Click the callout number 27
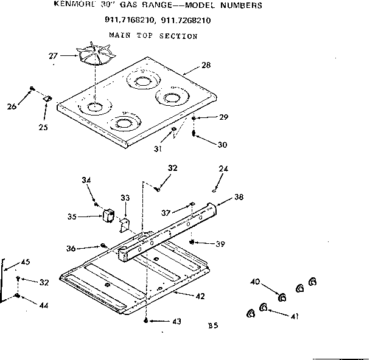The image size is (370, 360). click(x=54, y=56)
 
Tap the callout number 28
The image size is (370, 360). click(x=206, y=65)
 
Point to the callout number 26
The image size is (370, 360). click(x=12, y=108)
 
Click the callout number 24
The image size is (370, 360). click(x=224, y=168)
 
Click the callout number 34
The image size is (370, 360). click(x=86, y=179)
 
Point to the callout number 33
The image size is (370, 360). click(x=125, y=198)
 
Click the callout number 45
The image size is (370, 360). click(x=25, y=262)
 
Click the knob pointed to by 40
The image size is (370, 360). click(x=282, y=297)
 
